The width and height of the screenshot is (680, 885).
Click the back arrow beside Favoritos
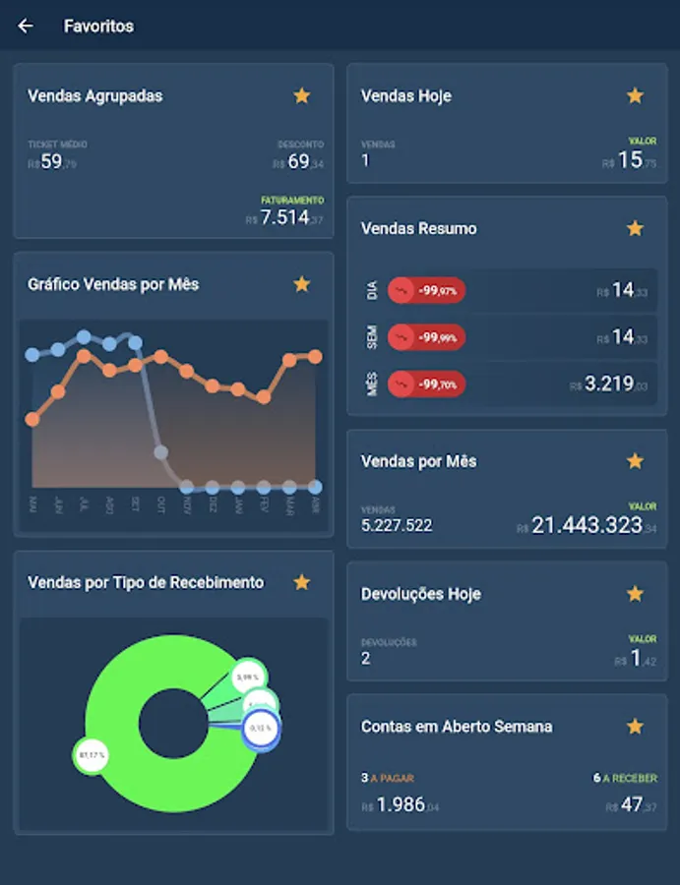tap(26, 27)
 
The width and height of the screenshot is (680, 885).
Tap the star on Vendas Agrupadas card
tap(302, 95)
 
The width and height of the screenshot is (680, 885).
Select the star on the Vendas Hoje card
tap(636, 95)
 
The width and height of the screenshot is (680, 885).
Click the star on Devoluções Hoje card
tap(636, 594)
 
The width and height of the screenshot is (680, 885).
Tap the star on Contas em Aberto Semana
tap(636, 727)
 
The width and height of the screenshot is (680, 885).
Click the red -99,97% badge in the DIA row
tap(427, 291)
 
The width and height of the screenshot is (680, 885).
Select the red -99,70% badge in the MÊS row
tap(427, 384)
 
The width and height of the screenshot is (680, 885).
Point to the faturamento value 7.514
tap(285, 217)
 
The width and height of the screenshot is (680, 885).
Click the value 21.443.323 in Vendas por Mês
tap(587, 525)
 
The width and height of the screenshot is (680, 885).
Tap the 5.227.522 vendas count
tap(397, 526)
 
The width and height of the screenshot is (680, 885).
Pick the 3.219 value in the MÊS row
tap(609, 383)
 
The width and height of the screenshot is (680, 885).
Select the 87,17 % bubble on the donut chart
tap(90, 756)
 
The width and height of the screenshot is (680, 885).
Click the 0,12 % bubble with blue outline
tap(262, 729)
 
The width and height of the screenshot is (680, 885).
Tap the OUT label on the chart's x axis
tap(161, 503)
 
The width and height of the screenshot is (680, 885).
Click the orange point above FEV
tap(264, 397)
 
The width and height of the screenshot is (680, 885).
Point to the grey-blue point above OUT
tap(160, 452)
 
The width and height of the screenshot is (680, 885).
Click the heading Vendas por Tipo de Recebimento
tap(146, 582)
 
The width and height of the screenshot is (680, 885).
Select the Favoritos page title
tap(98, 27)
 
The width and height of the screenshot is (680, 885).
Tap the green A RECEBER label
tap(630, 778)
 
